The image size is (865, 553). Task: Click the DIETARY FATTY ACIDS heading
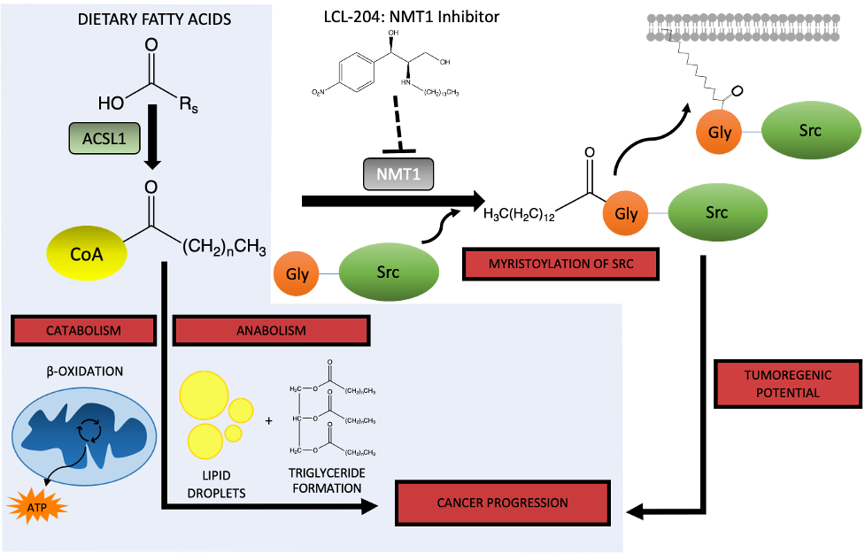coord(154,19)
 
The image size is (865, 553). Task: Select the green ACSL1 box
coord(105,140)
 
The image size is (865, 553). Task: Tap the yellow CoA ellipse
coord(86,254)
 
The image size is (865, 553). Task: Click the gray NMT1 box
coord(398,174)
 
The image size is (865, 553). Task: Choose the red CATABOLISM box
coord(83,330)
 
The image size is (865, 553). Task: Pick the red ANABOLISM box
coord(271,330)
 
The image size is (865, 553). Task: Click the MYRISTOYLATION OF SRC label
coord(560,264)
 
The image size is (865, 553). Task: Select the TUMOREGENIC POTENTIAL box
coord(787,383)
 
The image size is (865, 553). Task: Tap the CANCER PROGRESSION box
coord(502,503)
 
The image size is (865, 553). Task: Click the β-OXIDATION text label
coord(84,372)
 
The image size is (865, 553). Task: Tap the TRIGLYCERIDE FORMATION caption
coord(328,480)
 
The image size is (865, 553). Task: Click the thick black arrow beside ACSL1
coord(152,137)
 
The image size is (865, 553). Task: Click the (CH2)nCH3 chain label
coord(224,247)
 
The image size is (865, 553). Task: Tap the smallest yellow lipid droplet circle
coord(234,433)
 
